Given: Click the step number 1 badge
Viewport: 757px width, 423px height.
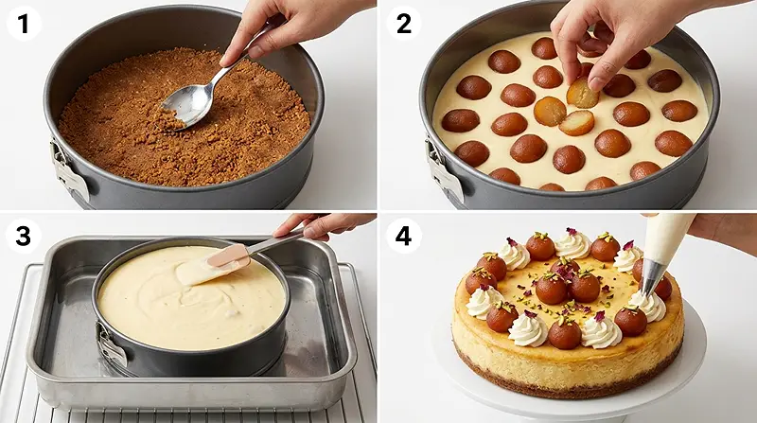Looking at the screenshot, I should point(23,24).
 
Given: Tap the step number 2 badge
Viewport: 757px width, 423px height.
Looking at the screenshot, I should point(403,24).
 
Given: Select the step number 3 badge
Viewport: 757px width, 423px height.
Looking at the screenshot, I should point(23,236).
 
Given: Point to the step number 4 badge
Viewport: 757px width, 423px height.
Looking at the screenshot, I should point(403,236).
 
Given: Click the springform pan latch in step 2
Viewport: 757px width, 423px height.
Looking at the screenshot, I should point(444,170).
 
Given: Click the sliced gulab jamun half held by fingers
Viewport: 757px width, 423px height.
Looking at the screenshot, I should point(582,95).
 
